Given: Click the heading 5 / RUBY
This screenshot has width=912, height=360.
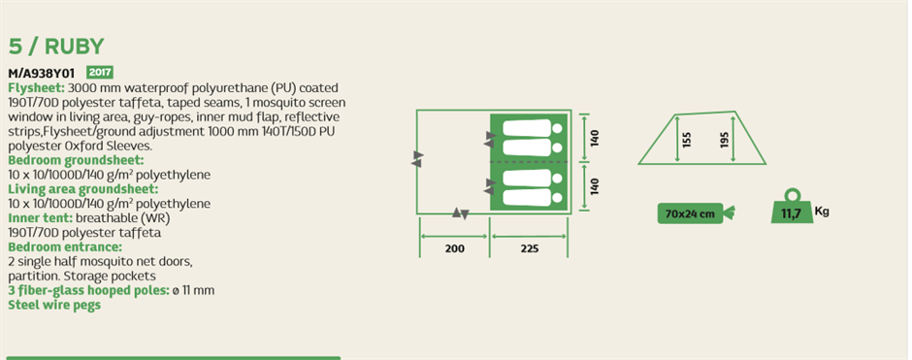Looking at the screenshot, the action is pos(56,47).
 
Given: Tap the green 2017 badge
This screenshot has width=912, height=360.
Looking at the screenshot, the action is pos(100,73).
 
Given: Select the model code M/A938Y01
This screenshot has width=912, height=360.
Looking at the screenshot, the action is pos(42,74).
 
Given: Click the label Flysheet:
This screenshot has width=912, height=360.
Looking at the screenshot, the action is pos(37,88).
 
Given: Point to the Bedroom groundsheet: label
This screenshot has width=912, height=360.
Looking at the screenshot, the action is pos(76,160).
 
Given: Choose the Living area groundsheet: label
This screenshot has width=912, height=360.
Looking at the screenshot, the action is pos(83,189).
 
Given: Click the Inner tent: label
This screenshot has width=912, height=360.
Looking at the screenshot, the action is pos(40,218).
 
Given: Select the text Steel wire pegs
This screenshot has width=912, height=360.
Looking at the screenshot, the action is pos(54,305).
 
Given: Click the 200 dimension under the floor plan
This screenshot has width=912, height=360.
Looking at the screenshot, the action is pos(455,249).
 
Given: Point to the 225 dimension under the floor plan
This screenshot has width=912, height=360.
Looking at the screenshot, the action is pos(530,249).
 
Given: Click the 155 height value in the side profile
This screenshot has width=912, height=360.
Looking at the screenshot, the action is pos(687,140).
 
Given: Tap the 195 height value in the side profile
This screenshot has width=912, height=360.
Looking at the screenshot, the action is pos(724,140).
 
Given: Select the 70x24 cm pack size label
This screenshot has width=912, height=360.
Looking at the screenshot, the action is pos(690,213).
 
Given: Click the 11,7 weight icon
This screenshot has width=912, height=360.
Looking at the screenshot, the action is pos(791,207).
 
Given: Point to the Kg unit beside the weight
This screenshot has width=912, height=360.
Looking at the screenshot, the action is pos(821,212).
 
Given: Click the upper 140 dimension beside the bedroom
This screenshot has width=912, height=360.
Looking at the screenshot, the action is pos(595,138).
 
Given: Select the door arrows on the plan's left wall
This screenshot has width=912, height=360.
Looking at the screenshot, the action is pos(417,159).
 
